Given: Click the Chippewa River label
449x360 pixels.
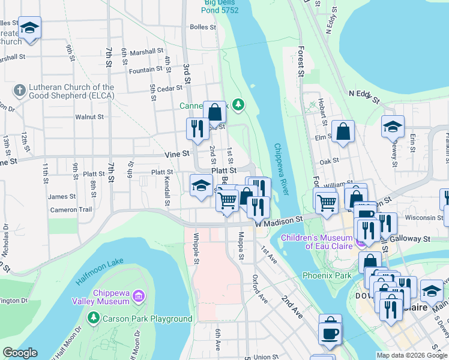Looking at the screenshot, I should (x=282, y=169).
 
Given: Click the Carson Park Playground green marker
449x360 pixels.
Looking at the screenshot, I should (x=92, y=317).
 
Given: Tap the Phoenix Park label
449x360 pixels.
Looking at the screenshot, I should (x=327, y=275).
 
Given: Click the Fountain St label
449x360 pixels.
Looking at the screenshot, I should (x=146, y=70).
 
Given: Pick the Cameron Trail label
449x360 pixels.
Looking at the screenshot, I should (x=71, y=210).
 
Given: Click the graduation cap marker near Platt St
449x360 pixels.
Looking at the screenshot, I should (x=202, y=184).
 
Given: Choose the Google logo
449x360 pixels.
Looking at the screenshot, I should (x=20, y=353).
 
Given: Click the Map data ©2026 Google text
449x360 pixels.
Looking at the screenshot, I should (x=411, y=355).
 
